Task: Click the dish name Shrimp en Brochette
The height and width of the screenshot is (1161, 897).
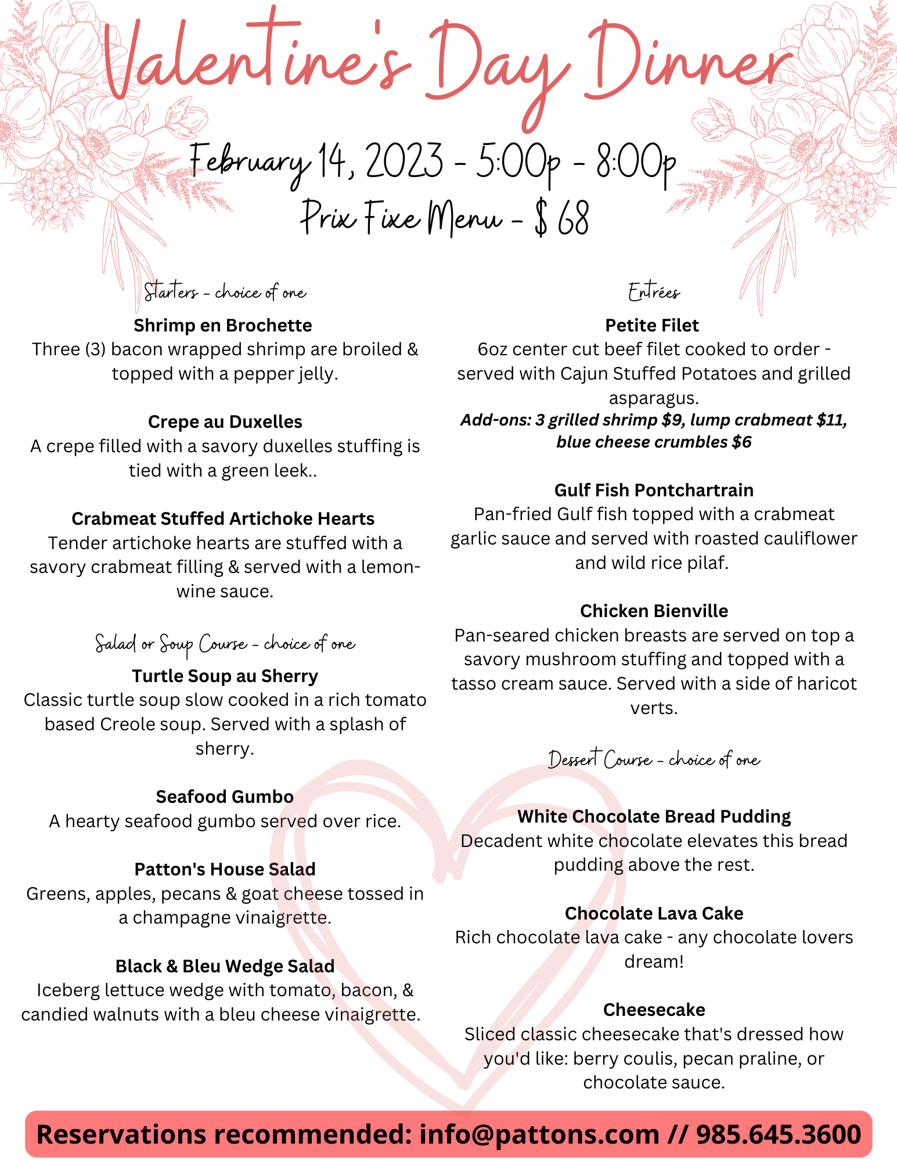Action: [x=223, y=326]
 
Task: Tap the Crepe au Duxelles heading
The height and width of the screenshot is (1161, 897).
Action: [x=225, y=422]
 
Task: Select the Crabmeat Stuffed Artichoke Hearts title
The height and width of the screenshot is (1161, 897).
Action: [x=223, y=519]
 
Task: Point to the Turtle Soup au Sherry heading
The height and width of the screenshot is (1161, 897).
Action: [x=225, y=676]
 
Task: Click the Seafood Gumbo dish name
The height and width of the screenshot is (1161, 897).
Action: [x=225, y=797]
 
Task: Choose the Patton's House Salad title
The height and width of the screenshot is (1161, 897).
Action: [x=225, y=870]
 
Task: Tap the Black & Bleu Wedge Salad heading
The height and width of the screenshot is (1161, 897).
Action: [x=225, y=967]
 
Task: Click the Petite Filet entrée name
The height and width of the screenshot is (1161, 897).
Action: [x=652, y=326]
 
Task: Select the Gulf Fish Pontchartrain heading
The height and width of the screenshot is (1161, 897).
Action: [x=654, y=491]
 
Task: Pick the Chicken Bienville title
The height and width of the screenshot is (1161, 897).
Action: [x=654, y=611]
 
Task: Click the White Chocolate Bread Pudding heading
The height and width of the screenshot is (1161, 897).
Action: [x=654, y=817]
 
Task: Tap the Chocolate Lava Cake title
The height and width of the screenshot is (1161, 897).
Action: [x=654, y=914]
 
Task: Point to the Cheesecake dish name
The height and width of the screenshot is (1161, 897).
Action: [x=654, y=1010]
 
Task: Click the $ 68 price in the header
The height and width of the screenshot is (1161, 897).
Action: [x=562, y=219]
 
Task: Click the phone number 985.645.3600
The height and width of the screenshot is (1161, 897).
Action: [x=778, y=1134]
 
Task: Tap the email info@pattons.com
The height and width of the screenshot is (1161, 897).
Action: [x=539, y=1134]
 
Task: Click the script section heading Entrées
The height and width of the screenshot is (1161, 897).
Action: [x=654, y=292]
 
